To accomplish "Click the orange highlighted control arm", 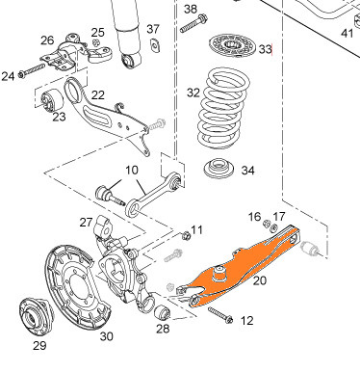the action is [x=244, y=267].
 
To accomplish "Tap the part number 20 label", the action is [x=260, y=280].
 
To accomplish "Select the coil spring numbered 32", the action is [x=223, y=109].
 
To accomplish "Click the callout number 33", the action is [x=265, y=49].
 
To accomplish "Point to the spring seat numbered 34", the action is [x=219, y=168].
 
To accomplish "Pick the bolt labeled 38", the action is [x=193, y=23].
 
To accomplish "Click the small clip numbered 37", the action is [x=155, y=45].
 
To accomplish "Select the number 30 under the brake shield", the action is [x=106, y=336].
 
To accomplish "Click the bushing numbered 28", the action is [x=162, y=313].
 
